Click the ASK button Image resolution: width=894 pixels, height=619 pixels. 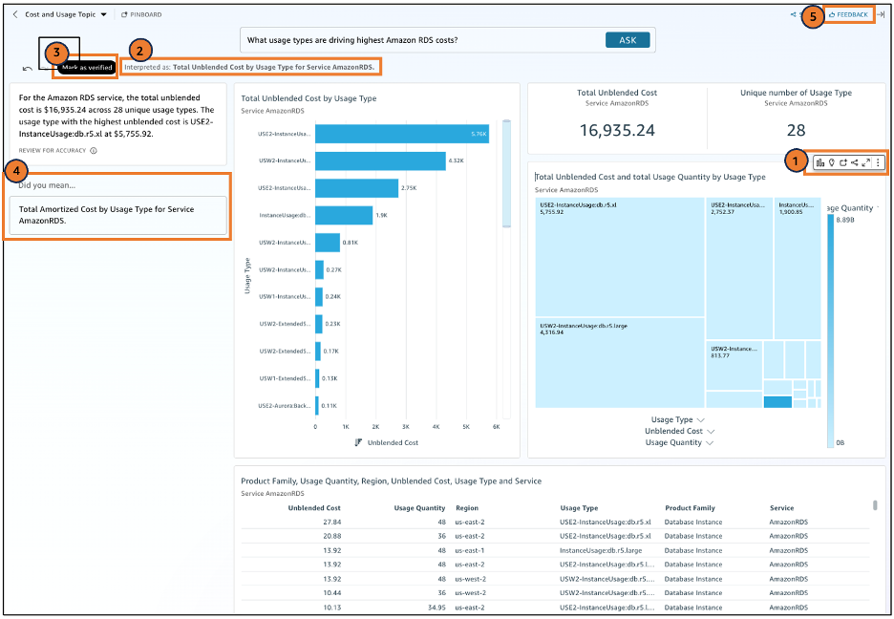click(x=628, y=40)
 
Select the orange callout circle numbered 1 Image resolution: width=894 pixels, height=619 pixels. click(x=793, y=162)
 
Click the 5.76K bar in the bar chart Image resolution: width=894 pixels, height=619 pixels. click(x=401, y=134)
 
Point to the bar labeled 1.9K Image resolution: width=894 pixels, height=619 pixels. click(x=343, y=216)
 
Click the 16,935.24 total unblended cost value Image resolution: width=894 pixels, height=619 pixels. click(x=617, y=129)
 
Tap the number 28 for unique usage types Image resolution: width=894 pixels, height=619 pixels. click(x=796, y=129)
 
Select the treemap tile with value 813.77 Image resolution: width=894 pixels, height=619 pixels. click(x=734, y=363)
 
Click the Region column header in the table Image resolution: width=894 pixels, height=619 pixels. click(x=467, y=508)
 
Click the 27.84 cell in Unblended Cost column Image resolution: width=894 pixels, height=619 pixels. click(x=331, y=523)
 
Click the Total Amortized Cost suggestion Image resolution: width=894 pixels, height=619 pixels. click(x=117, y=215)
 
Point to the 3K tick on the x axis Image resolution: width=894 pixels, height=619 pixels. click(x=405, y=427)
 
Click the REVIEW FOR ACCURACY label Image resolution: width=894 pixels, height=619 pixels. click(x=52, y=151)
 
